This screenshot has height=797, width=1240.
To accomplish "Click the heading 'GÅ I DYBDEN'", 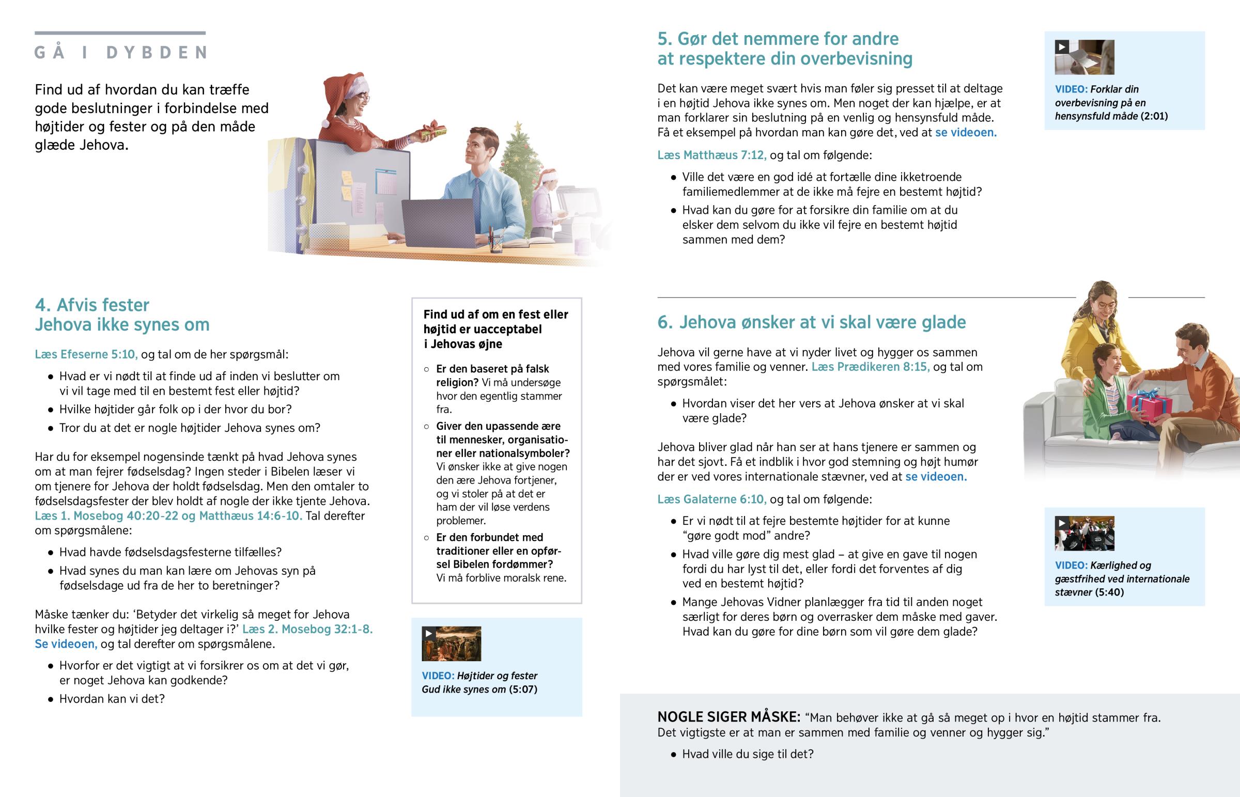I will pos(121,53).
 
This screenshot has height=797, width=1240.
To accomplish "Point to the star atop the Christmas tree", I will pos(518,126).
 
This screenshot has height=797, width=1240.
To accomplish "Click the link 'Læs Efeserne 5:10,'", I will pos(86,354).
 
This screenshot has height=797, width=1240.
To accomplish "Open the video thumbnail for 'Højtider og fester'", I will pos(451,644).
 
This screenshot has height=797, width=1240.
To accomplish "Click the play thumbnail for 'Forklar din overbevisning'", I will pos(1084,57).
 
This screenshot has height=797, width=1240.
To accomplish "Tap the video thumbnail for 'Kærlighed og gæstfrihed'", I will pos(1084,533).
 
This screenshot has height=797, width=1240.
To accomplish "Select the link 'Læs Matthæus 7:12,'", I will pos(711,155).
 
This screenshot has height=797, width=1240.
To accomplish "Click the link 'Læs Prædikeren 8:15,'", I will pos(871,367).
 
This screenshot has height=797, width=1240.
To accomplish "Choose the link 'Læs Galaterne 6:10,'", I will pos(711,499).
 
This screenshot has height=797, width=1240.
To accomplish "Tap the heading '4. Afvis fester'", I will pos(92,305).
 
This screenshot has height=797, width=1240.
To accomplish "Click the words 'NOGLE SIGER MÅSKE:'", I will pos(729,717).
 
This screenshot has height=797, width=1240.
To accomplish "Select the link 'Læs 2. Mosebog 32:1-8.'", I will pos(307,629).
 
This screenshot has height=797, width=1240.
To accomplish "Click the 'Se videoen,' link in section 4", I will pos(66,644).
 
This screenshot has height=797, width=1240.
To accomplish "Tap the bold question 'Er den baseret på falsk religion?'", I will pos(492,376).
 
